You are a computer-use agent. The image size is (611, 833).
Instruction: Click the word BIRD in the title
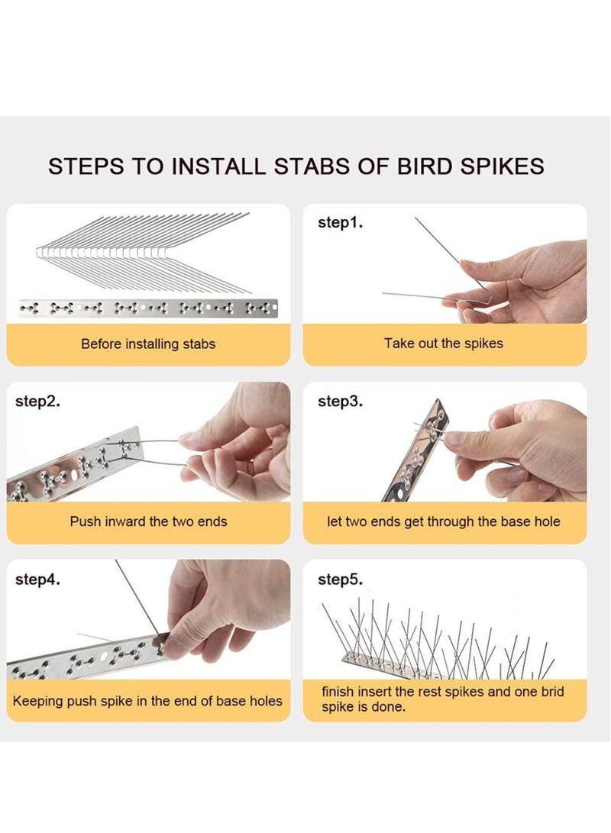425,166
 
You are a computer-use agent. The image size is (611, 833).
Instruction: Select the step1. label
341,223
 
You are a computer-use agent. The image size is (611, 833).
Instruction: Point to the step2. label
37,401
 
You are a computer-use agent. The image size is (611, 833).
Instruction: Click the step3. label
341,401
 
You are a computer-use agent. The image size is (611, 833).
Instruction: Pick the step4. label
37,579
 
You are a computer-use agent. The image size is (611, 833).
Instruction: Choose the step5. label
341,579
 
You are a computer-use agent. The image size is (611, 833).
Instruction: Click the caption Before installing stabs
148,344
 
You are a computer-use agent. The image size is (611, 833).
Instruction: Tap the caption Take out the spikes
444,343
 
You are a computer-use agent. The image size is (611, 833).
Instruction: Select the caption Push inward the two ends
148,521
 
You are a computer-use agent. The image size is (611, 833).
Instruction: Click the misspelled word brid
552,692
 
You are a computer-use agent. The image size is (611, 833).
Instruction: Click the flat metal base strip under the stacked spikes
148,308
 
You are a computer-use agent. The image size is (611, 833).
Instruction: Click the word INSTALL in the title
218,166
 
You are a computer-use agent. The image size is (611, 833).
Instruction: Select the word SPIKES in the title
502,166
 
